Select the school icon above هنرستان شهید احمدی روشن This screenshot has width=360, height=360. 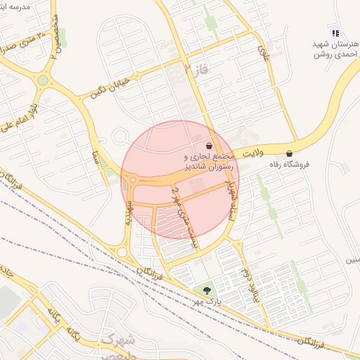[x=335, y=32]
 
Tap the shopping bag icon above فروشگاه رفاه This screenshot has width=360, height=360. [x=289, y=154]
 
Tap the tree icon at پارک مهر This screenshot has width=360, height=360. [x=206, y=289]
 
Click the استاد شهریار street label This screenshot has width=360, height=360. [x=228, y=200]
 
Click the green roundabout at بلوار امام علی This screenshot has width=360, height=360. [x=43, y=80]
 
